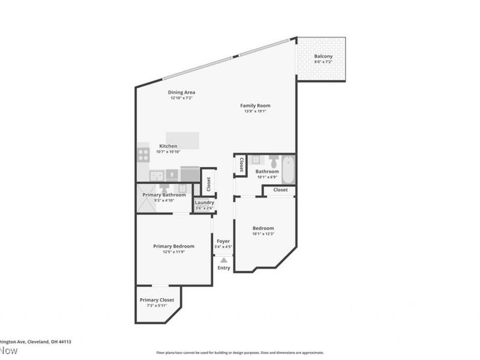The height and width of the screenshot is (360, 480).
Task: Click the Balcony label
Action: click(x=323, y=56)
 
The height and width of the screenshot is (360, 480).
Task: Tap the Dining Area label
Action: click(x=181, y=92)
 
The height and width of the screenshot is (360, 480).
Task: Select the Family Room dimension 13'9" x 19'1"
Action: click(x=255, y=111)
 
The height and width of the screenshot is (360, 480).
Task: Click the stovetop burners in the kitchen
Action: click(x=143, y=155)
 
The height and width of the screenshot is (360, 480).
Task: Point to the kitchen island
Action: click(x=182, y=140)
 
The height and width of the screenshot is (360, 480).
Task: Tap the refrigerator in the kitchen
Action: click(x=190, y=174)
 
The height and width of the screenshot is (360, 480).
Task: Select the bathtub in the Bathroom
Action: click(x=288, y=170)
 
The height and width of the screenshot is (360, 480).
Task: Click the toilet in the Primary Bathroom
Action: click(x=163, y=188)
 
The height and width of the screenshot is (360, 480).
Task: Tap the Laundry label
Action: click(x=205, y=202)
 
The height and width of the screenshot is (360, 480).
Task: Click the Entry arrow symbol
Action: click(x=223, y=260)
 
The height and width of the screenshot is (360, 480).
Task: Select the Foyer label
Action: click(x=223, y=241)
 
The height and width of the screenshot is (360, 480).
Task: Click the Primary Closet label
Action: click(x=157, y=299)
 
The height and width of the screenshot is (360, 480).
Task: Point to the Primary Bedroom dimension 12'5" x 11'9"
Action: click(x=173, y=252)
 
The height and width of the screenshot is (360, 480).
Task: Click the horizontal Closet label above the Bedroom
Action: click(x=280, y=190)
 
